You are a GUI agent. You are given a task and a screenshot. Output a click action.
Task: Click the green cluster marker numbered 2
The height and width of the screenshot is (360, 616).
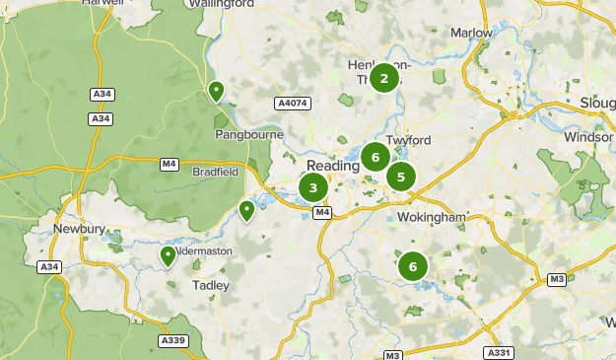(x=383, y=77)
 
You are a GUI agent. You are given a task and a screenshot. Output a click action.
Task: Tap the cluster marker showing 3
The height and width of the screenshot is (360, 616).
(x=313, y=187)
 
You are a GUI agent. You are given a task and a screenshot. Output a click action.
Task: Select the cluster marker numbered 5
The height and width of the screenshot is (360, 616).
(x=400, y=178)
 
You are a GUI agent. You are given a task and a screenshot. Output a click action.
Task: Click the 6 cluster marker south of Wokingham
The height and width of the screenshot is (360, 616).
(x=413, y=265)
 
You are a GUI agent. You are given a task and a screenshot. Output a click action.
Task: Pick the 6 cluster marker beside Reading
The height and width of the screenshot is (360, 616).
(x=374, y=156)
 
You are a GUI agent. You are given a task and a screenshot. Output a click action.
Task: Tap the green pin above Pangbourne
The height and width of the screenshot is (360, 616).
(x=216, y=92)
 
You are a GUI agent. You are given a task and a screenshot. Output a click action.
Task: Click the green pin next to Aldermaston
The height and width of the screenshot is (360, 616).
(x=169, y=256)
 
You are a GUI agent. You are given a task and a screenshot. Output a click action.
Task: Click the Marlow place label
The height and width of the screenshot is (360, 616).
(x=471, y=33)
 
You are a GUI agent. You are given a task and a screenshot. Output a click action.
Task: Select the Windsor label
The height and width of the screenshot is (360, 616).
(x=587, y=136)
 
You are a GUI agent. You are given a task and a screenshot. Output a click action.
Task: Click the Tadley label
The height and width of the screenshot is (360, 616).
(x=211, y=285)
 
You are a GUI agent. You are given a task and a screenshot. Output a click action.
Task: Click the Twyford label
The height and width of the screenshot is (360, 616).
(x=410, y=141)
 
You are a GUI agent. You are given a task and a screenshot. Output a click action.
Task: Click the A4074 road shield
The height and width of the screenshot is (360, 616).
(x=292, y=102)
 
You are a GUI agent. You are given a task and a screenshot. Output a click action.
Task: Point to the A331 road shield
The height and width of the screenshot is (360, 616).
(x=499, y=352)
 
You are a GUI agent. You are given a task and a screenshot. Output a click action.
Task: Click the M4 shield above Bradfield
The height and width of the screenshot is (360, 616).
(x=169, y=164)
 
